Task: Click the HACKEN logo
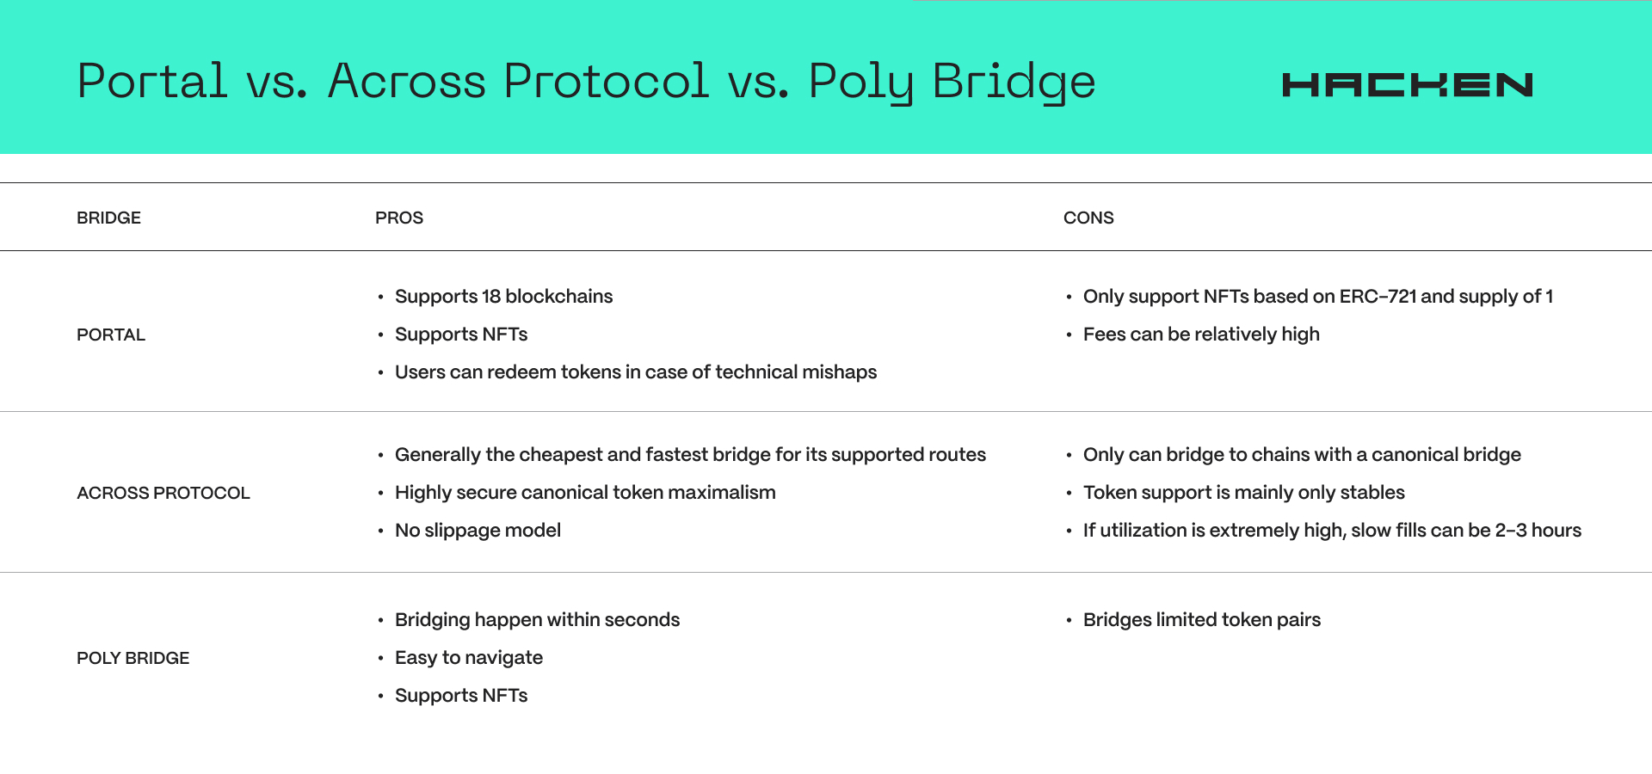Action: click(1407, 85)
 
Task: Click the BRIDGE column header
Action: click(108, 218)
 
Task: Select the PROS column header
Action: click(399, 218)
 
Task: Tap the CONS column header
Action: click(1088, 218)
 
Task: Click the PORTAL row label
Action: click(111, 335)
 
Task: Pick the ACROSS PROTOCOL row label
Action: click(163, 493)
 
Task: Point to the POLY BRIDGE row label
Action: click(133, 658)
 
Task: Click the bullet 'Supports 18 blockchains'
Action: click(503, 297)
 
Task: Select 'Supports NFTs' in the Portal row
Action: click(461, 335)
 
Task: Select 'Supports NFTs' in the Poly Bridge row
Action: click(461, 696)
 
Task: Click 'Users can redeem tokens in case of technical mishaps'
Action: click(636, 372)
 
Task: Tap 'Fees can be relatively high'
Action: click(1201, 335)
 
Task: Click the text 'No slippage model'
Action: click(478, 531)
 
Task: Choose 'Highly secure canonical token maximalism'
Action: click(585, 493)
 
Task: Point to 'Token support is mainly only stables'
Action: click(1244, 493)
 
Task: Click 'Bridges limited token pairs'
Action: click(1202, 620)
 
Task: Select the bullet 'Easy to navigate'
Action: click(469, 658)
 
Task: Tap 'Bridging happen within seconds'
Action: click(537, 620)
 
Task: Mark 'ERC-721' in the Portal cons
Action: click(1378, 297)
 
